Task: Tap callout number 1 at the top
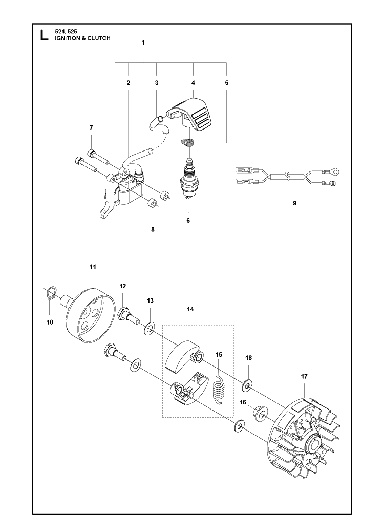[x=143, y=43]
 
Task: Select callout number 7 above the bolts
[x=91, y=127]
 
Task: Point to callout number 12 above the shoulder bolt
[x=123, y=286]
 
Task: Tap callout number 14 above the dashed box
[x=190, y=310]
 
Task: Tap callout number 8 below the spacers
[x=152, y=230]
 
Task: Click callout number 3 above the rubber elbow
[x=156, y=82]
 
